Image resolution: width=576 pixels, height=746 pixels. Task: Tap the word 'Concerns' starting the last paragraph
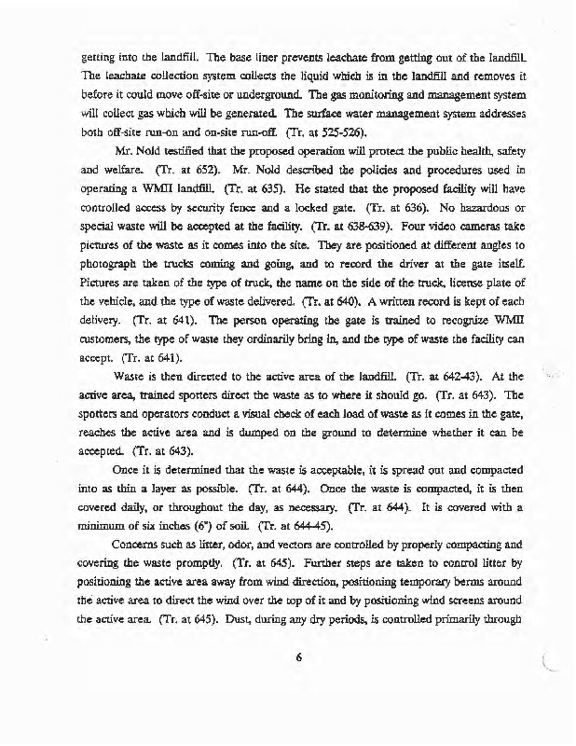(x=143, y=547)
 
